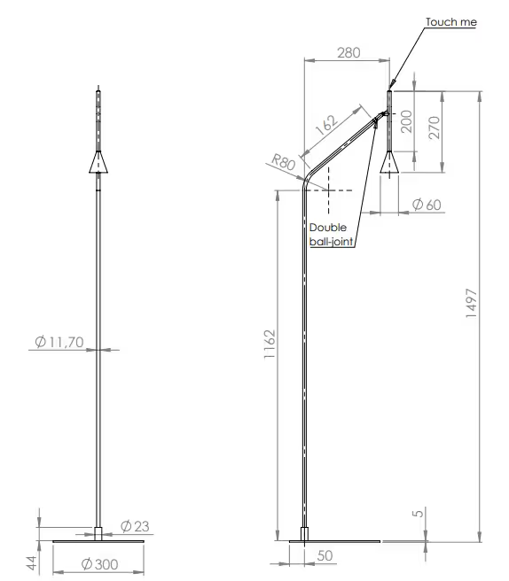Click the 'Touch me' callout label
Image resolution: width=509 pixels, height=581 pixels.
[x=450, y=22]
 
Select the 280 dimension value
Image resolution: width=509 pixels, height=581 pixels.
[x=348, y=52]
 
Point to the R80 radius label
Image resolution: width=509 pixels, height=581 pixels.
[x=282, y=162]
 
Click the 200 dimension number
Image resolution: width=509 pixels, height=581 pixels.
[x=407, y=121]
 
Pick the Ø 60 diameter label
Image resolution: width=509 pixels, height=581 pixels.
[x=427, y=205]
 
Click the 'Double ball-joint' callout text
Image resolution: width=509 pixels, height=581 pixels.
[x=329, y=234]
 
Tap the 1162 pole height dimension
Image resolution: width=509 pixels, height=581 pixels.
[x=270, y=348]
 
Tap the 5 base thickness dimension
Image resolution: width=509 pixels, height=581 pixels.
[x=416, y=514]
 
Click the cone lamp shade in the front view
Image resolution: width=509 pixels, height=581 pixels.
[x=99, y=162]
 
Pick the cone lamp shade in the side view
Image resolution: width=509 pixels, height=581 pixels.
[x=388, y=163]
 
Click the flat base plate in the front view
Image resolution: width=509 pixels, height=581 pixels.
[x=99, y=539]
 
